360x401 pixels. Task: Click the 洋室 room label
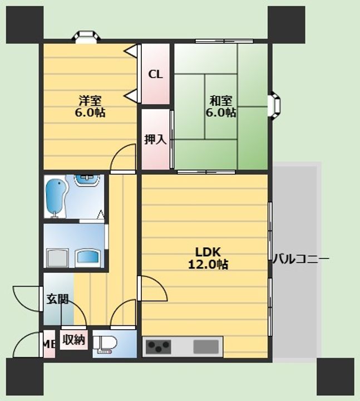[x=90, y=101]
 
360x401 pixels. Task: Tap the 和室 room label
[x=221, y=101]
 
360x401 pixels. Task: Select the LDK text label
[x=208, y=252]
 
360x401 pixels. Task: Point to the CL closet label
[x=155, y=75]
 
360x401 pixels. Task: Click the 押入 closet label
[x=155, y=139]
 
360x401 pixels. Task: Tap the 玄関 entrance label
[x=58, y=299]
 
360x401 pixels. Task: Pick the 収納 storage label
[x=74, y=340]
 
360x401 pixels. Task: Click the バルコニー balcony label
[x=301, y=259]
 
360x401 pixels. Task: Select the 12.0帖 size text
[x=208, y=264]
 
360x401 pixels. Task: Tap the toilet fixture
[x=105, y=343]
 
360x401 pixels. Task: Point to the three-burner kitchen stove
[x=159, y=347]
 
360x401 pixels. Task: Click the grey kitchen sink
[x=206, y=347]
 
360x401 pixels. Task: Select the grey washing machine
[x=58, y=258]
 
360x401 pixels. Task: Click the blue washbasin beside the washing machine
[x=88, y=257]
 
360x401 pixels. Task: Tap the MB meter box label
[x=48, y=345]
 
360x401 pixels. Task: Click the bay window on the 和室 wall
[x=274, y=105]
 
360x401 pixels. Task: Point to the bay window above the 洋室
[x=86, y=36]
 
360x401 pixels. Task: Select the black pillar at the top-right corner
[x=286, y=25]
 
